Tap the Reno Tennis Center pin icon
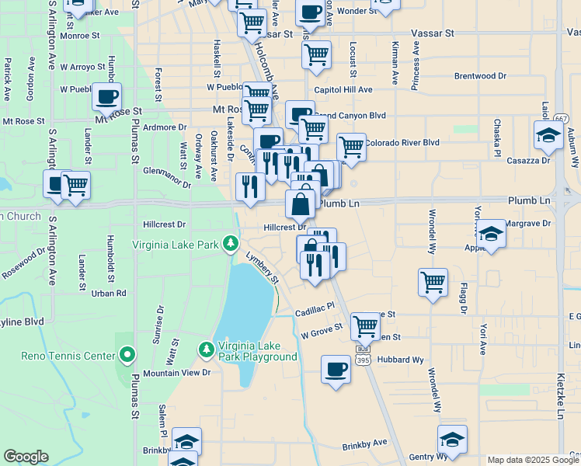[128, 356]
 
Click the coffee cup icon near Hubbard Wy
[336, 369]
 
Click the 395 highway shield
[363, 360]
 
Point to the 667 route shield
[562, 117]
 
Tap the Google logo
[26, 457]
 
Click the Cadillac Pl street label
[314, 309]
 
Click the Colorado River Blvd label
[402, 142]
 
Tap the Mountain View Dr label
[177, 373]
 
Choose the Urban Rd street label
[109, 293]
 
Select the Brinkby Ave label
[364, 443]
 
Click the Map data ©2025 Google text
[532, 460]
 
